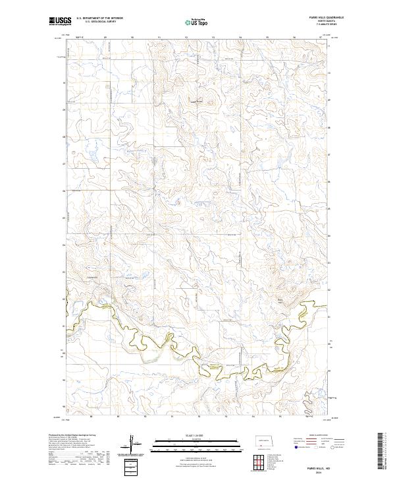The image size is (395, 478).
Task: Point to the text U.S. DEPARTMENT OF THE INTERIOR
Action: coord(99,18)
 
